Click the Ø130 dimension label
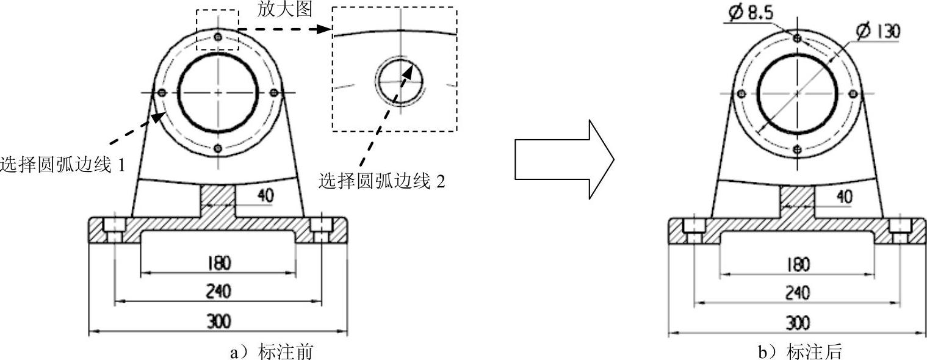tap(878, 31)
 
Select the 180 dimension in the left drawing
tap(218, 263)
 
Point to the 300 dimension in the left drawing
tap(218, 322)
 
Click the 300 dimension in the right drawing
tap(796, 323)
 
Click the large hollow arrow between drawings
tap(563, 159)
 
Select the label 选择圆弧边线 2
tap(381, 181)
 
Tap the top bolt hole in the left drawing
tap(218, 37)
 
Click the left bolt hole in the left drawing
tap(162, 93)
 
